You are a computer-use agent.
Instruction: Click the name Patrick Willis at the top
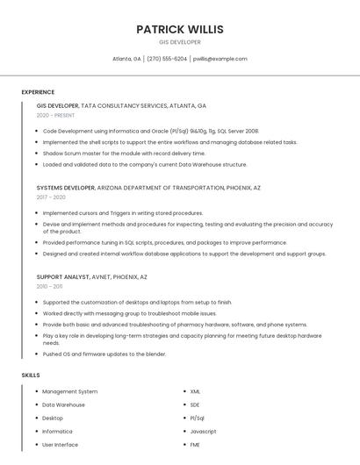[x=179, y=29]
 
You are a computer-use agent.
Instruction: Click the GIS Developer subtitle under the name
[x=179, y=42]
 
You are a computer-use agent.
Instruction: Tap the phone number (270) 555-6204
[x=167, y=59]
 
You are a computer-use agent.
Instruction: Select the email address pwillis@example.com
[x=220, y=59]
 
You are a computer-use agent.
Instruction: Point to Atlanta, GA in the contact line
[x=126, y=59]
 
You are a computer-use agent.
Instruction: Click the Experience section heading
[x=38, y=92]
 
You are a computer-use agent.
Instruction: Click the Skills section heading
[x=31, y=376]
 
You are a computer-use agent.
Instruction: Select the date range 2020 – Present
[x=55, y=115]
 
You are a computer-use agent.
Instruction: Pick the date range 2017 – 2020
[x=51, y=197]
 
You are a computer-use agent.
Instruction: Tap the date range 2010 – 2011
[x=49, y=287]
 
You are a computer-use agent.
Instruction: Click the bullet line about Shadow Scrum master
[x=124, y=153]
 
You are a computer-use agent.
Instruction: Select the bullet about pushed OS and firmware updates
[x=104, y=354]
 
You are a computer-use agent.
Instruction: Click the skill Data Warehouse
[x=63, y=404]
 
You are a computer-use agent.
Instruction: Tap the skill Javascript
[x=203, y=431]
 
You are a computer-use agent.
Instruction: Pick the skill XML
[x=195, y=391]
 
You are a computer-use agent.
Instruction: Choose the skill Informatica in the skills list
[x=57, y=431]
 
